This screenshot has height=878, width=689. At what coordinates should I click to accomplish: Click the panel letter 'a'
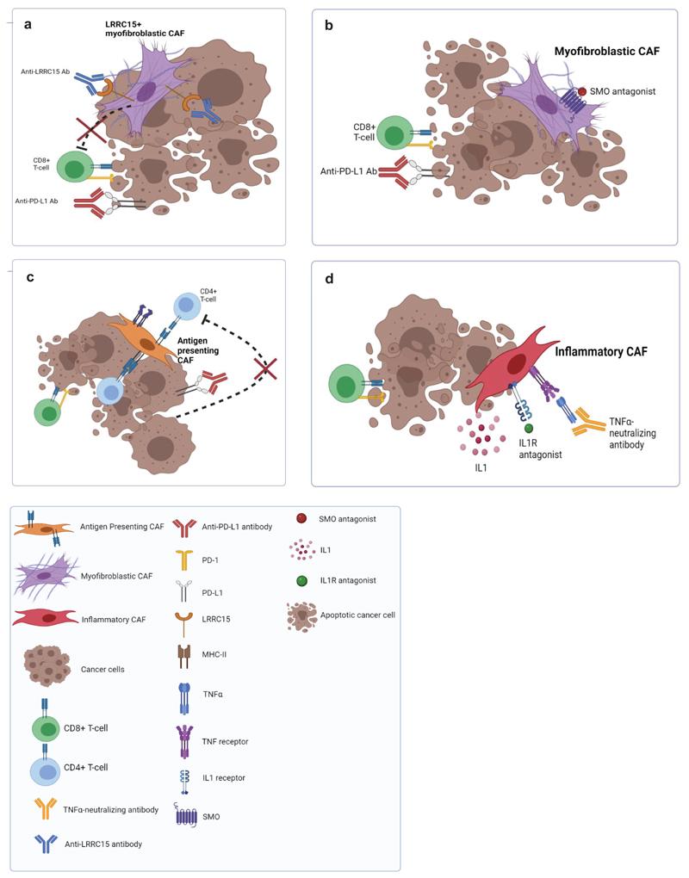[x=28, y=25]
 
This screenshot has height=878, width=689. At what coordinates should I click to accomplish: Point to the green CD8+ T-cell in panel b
[x=394, y=135]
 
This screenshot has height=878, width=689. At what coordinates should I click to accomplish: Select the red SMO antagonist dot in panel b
[x=582, y=92]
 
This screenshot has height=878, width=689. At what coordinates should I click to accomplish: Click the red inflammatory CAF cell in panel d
[x=517, y=365]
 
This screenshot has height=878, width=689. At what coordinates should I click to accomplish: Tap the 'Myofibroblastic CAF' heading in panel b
[x=606, y=53]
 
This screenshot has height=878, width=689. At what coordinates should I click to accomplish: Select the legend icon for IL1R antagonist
[x=301, y=580]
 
